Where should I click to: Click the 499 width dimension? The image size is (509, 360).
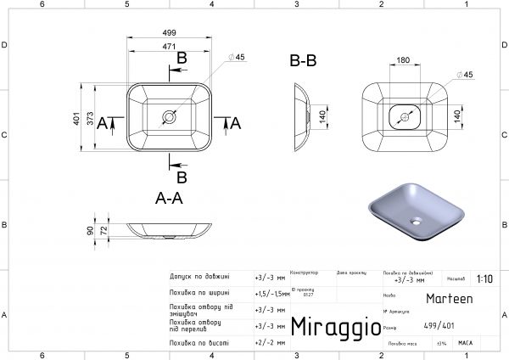click(x=171, y=33)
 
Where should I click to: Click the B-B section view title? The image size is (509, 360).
click(x=303, y=61)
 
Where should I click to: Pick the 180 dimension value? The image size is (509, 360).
click(x=403, y=60)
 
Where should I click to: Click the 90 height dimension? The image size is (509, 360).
click(x=90, y=230)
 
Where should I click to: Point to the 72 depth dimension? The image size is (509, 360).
click(x=104, y=230)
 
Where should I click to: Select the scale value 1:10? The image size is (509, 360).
click(x=484, y=278)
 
